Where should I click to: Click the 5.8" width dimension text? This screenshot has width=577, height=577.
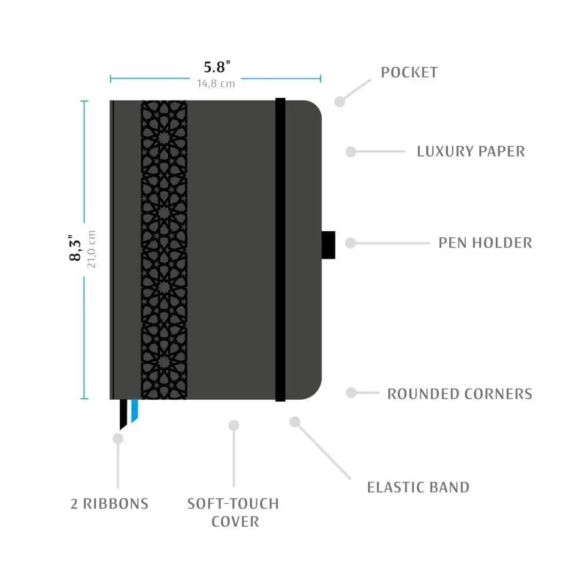[x=217, y=67]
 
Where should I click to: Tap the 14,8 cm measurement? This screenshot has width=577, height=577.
[x=215, y=83]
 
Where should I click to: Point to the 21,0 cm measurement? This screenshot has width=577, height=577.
[x=91, y=249]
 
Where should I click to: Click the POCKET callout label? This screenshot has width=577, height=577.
[x=409, y=73]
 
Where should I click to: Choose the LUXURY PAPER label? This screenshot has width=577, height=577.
[x=471, y=152]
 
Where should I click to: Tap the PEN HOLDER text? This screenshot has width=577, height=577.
[x=485, y=243]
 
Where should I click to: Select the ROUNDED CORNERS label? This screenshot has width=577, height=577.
[x=459, y=394]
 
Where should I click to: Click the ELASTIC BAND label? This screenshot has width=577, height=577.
[x=418, y=487]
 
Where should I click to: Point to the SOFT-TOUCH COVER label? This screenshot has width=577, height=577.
[x=233, y=512]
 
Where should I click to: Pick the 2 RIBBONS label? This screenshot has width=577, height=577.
[x=110, y=504]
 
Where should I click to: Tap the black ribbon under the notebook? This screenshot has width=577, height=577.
[x=124, y=414]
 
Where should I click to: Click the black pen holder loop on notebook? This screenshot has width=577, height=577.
[x=329, y=245]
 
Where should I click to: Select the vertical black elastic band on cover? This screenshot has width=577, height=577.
[x=280, y=249]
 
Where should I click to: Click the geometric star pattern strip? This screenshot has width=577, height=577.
[x=164, y=249]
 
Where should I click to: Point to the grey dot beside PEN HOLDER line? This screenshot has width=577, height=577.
[x=350, y=243]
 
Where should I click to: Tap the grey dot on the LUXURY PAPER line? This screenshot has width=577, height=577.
[x=350, y=152]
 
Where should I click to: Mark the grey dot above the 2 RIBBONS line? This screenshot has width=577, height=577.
[x=118, y=439]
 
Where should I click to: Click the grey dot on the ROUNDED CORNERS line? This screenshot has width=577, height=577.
[x=350, y=393]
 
